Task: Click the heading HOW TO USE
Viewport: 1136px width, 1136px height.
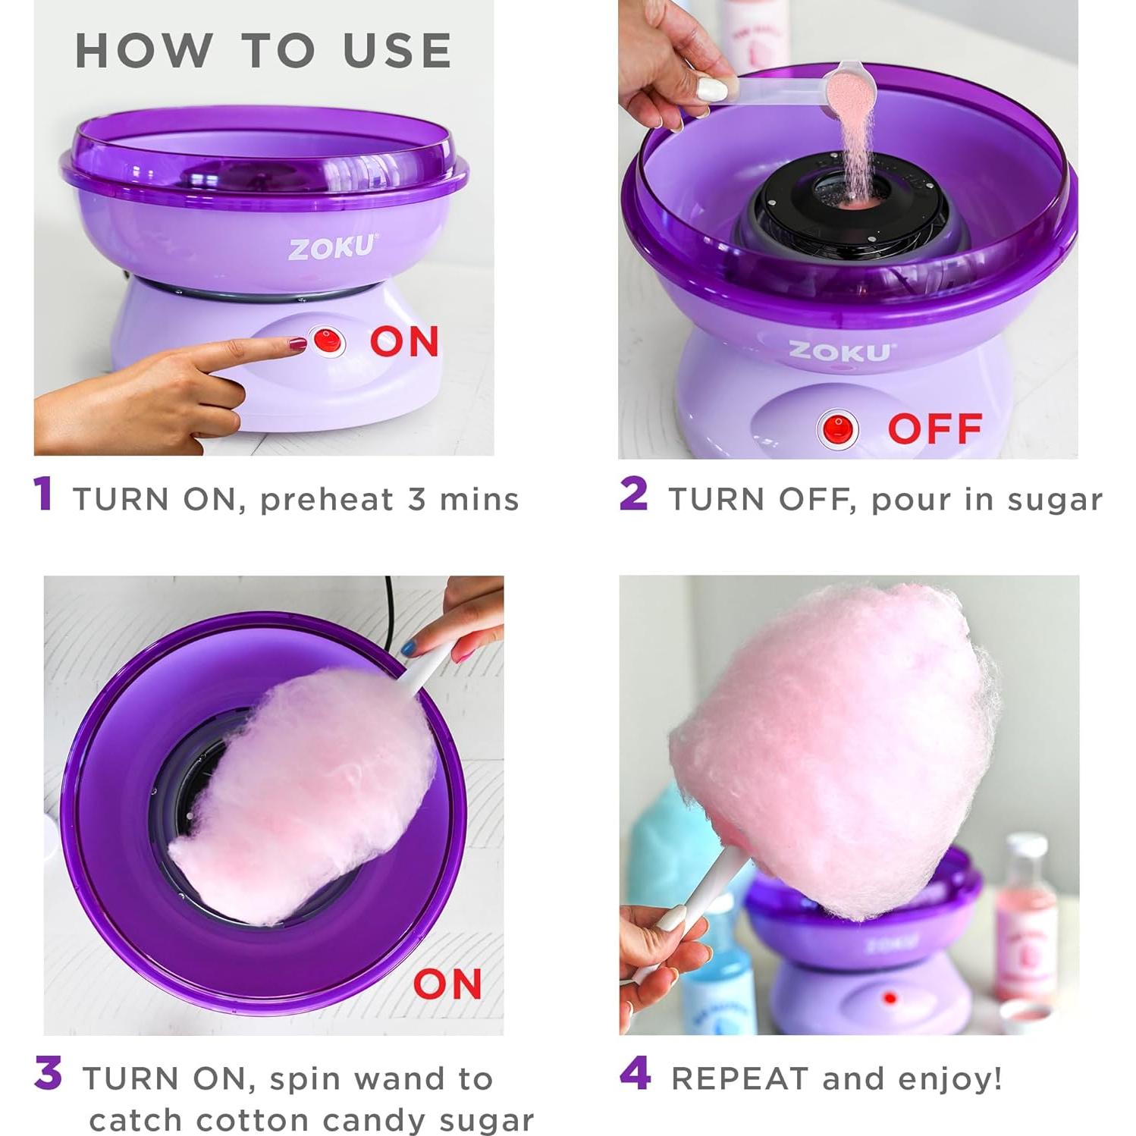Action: pyautogui.click(x=263, y=51)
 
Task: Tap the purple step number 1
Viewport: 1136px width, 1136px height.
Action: pyautogui.click(x=43, y=494)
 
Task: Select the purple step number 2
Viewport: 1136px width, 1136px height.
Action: pyautogui.click(x=633, y=494)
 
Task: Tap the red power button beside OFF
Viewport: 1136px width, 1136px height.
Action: pyautogui.click(x=837, y=428)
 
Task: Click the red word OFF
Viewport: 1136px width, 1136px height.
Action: pyautogui.click(x=935, y=428)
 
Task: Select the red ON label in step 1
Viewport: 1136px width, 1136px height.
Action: pyautogui.click(x=404, y=341)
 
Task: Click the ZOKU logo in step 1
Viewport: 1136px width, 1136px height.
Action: pyautogui.click(x=331, y=248)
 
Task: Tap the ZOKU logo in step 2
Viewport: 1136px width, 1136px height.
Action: pyautogui.click(x=840, y=351)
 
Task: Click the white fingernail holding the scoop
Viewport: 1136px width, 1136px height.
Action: pyautogui.click(x=711, y=89)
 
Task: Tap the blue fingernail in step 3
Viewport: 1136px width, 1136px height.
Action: pyautogui.click(x=407, y=648)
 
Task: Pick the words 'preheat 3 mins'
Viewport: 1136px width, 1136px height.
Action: pyautogui.click(x=389, y=500)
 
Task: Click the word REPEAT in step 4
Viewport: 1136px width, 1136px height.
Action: pyautogui.click(x=739, y=1078)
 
